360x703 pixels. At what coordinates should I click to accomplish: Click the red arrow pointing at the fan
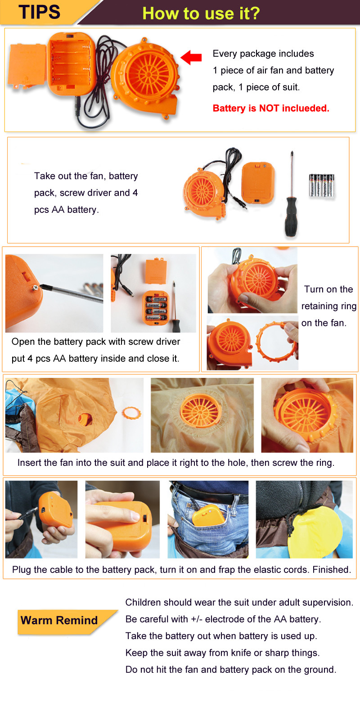tap(191, 57)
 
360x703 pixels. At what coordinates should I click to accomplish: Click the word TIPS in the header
tap(40, 12)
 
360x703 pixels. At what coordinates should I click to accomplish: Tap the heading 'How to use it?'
tap(201, 14)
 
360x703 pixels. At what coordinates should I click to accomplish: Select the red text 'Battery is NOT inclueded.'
tap(271, 108)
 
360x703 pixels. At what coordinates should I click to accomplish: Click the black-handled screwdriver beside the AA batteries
tap(291, 196)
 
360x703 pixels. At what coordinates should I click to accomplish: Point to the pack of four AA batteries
tap(322, 185)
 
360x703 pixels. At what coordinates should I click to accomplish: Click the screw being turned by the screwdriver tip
tap(36, 287)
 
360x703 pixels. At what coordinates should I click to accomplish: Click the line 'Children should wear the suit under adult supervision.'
tap(239, 602)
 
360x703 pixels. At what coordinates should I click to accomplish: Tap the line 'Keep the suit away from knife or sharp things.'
tap(223, 653)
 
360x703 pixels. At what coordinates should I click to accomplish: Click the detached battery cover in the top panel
tap(28, 66)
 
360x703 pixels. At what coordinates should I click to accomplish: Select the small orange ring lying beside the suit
tap(131, 413)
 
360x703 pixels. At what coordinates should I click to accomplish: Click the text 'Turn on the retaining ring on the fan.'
tap(328, 306)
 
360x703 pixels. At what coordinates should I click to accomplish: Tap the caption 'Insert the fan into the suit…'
tap(176, 463)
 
